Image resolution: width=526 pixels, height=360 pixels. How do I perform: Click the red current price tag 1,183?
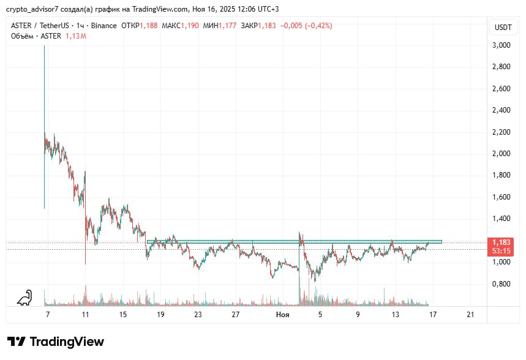(502, 242)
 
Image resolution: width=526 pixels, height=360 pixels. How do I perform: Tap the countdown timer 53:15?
(502, 251)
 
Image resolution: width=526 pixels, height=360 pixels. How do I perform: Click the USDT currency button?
(503, 27)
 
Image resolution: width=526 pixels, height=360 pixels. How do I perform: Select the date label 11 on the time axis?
(85, 315)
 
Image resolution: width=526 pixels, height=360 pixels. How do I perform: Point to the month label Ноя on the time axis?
(282, 315)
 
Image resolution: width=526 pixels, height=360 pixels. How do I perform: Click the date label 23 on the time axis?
(198, 315)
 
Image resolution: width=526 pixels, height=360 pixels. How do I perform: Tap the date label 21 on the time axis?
(470, 315)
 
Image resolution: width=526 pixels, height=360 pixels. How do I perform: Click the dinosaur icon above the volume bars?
(25, 298)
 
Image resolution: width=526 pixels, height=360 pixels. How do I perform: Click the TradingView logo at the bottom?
(56, 342)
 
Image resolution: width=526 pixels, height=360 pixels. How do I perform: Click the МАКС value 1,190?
(190, 26)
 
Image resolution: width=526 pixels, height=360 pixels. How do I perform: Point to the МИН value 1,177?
(228, 26)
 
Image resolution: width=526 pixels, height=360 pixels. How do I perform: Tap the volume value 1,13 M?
(76, 36)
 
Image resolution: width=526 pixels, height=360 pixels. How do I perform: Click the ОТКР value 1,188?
(149, 26)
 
